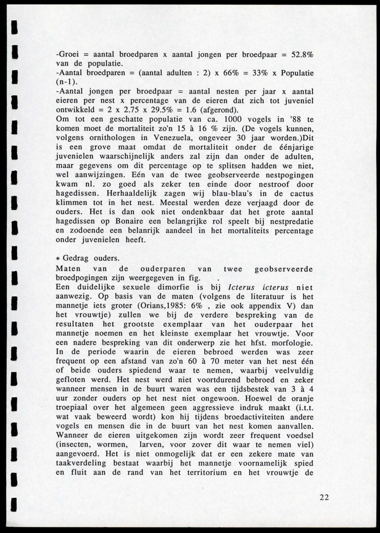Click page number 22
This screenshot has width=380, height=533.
[325, 498]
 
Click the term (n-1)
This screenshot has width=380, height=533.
[67, 82]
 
